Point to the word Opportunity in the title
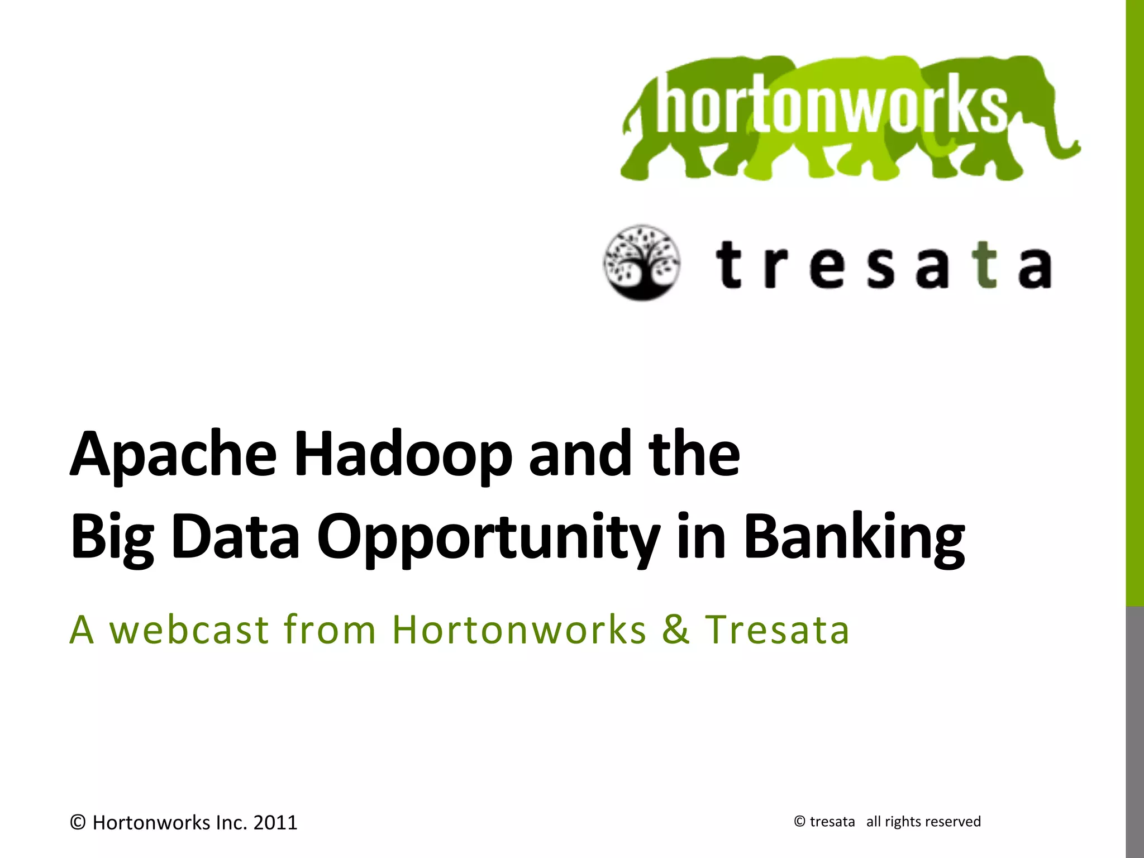[488, 537]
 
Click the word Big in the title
[112, 537]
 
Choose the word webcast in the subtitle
[189, 630]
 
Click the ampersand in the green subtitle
[676, 630]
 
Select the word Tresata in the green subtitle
[777, 630]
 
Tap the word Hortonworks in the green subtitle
[519, 630]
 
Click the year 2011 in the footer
[275, 823]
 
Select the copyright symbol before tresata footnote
[799, 822]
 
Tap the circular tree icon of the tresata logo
[642, 263]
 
